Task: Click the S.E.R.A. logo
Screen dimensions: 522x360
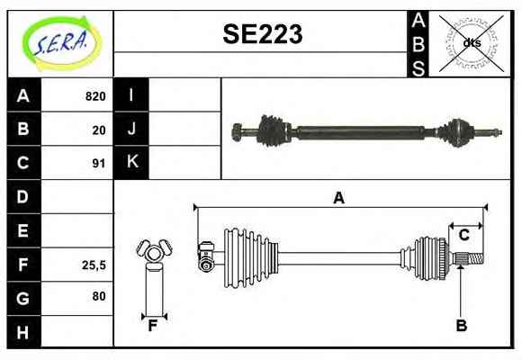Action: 61,43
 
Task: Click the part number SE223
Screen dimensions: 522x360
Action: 263,33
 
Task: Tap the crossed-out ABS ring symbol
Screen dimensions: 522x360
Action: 471,43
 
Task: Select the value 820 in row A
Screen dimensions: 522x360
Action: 95,96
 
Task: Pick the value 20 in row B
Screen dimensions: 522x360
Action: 99,130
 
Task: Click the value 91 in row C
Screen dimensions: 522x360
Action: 99,164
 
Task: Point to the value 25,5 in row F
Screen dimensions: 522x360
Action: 94,265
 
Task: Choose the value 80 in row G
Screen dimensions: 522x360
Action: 99,296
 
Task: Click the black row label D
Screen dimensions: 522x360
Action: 23,196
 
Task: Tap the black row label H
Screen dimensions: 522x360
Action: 23,332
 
